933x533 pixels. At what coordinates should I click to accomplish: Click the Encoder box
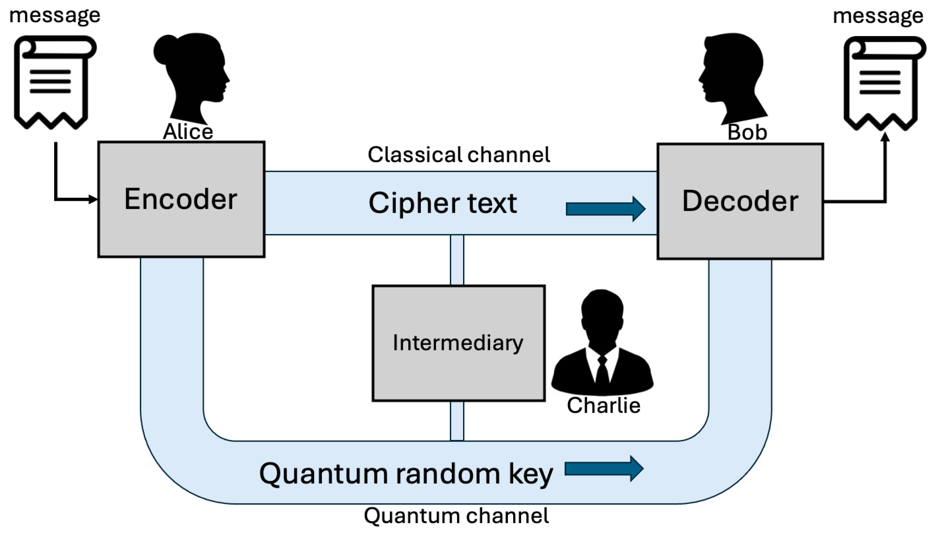(x=181, y=199)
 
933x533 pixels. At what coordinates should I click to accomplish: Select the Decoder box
(x=740, y=201)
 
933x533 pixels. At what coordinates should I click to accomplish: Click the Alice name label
(x=188, y=131)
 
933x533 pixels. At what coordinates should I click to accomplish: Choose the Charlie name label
(x=603, y=405)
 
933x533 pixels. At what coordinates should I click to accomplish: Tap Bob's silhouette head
(x=733, y=79)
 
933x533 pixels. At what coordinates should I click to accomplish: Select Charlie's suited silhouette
(x=602, y=342)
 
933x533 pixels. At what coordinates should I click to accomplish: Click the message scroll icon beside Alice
(x=55, y=82)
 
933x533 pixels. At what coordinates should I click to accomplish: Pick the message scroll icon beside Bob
(x=885, y=83)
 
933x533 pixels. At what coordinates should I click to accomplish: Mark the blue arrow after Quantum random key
(x=604, y=469)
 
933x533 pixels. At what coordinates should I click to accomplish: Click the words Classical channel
(x=459, y=155)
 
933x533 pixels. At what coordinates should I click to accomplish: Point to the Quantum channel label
(x=456, y=516)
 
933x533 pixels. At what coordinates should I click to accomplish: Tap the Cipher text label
(x=442, y=203)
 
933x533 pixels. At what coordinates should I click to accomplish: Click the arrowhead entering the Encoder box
(x=93, y=199)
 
